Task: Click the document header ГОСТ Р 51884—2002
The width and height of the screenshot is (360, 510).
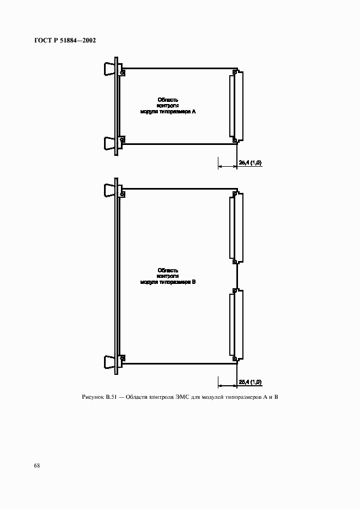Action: pos(65,40)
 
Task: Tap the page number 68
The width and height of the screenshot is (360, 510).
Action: pos(37,465)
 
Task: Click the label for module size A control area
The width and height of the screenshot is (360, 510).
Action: pos(168,106)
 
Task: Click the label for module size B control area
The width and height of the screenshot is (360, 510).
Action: pos(168,276)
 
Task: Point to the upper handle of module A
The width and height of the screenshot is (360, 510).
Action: pos(109,69)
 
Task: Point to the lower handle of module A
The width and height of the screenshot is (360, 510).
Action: pos(109,143)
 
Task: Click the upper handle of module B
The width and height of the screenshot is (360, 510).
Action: pos(109,190)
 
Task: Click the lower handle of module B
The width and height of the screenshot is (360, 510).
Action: pos(109,362)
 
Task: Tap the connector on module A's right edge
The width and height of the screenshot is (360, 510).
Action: pos(237,106)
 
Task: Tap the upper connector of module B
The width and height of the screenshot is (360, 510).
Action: pos(237,227)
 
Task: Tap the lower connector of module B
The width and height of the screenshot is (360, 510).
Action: pos(237,325)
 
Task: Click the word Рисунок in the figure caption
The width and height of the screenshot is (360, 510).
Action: pos(93,397)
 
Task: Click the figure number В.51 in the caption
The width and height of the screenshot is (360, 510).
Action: pos(111,397)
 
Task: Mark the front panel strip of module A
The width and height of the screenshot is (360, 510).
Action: pos(117,106)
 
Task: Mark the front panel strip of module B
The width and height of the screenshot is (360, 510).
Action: pos(117,276)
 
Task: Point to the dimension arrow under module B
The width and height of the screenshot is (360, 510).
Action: pos(227,386)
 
